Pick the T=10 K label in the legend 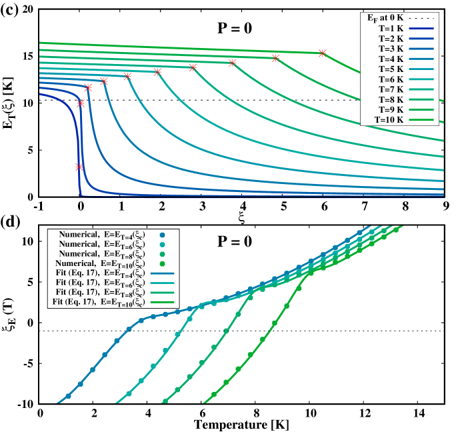pos(389,120)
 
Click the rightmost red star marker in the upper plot pos(323,53)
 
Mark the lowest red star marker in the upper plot pos(79,167)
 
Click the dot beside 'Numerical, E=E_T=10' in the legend pos(162,264)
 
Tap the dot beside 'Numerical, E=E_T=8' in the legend pos(162,255)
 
